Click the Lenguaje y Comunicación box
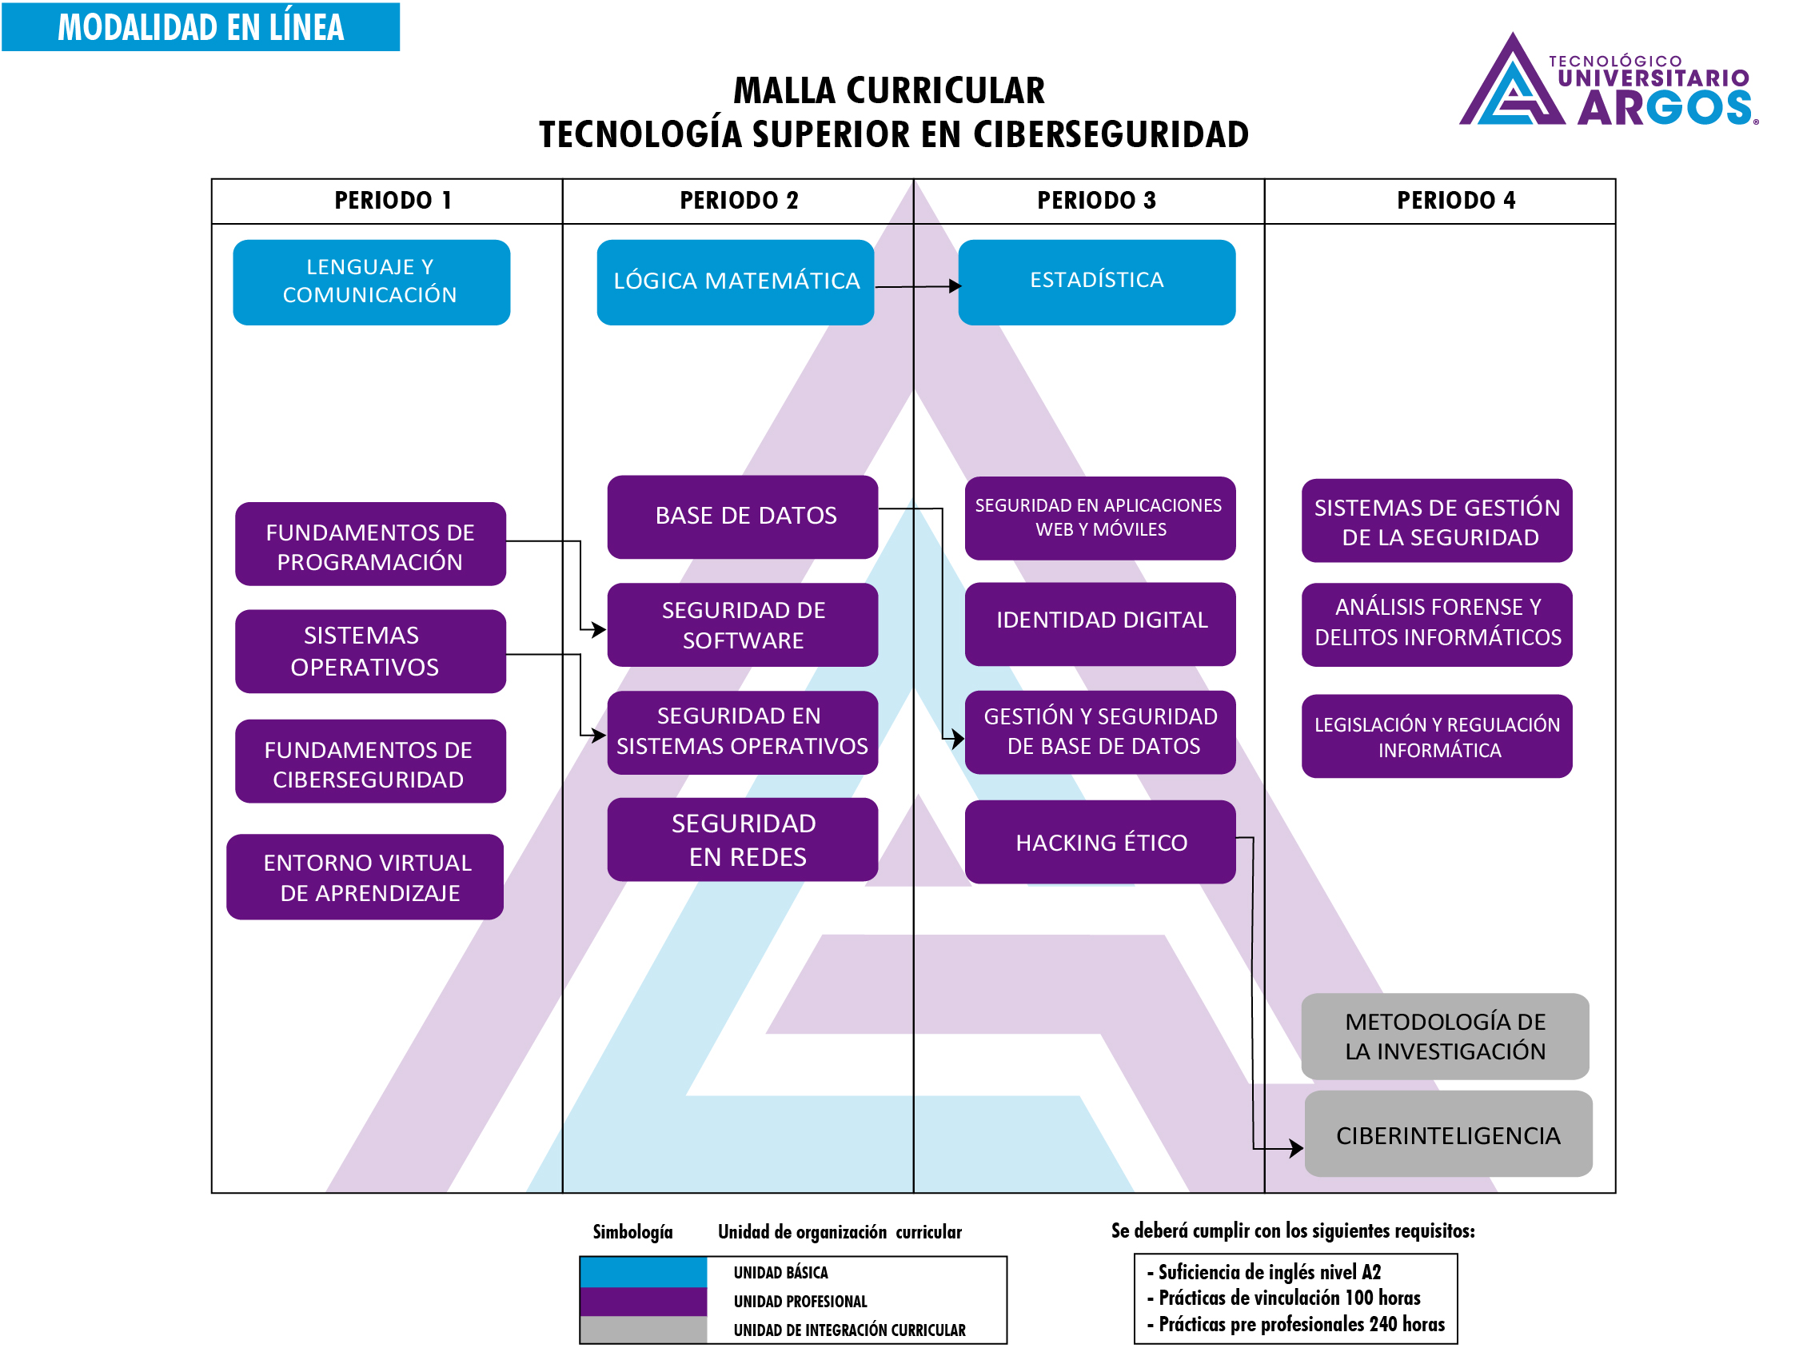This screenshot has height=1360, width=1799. pyautogui.click(x=371, y=282)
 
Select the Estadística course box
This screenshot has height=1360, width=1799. pyautogui.click(x=1096, y=282)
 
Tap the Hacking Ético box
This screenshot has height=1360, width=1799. pyautogui.click(x=1099, y=842)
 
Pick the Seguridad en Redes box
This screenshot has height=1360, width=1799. pyautogui.click(x=742, y=840)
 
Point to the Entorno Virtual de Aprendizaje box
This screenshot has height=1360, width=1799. pyautogui.click(x=365, y=877)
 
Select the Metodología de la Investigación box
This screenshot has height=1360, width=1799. pyautogui.click(x=1445, y=1036)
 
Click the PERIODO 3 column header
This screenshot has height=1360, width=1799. pyautogui.click(x=1095, y=201)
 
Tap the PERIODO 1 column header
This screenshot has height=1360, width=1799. pyautogui.click(x=393, y=201)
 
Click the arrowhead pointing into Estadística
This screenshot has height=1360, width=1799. pyautogui.click(x=955, y=286)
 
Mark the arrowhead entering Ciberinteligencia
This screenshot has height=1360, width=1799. pyautogui.click(x=1297, y=1148)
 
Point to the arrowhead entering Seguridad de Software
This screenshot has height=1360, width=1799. pyautogui.click(x=600, y=629)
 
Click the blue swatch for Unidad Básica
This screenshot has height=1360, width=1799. pyautogui.click(x=643, y=1271)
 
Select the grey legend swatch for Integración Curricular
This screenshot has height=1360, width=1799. pyautogui.click(x=643, y=1330)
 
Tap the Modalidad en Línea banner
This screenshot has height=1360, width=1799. pyautogui.click(x=200, y=27)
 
